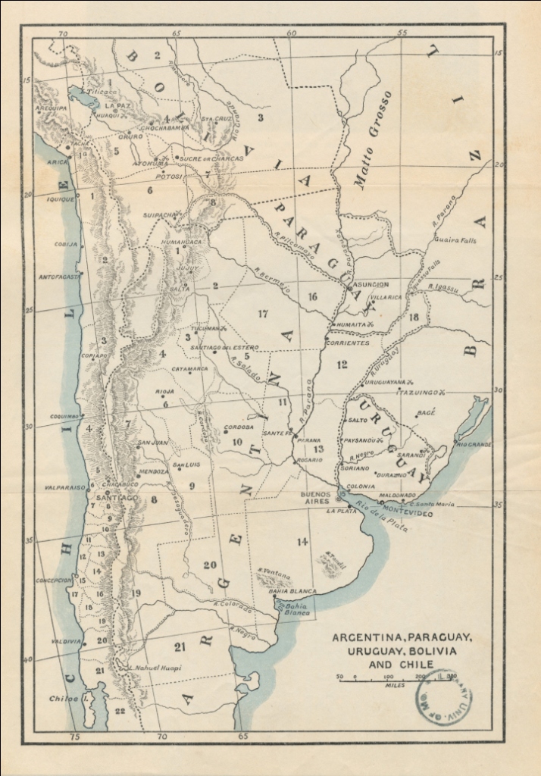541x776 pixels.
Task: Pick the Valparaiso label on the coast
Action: pyautogui.click(x=64, y=488)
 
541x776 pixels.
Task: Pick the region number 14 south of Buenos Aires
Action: pyautogui.click(x=303, y=541)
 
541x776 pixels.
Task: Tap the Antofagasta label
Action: pyautogui.click(x=60, y=277)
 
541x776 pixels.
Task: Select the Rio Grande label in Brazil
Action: pyautogui.click(x=474, y=444)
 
